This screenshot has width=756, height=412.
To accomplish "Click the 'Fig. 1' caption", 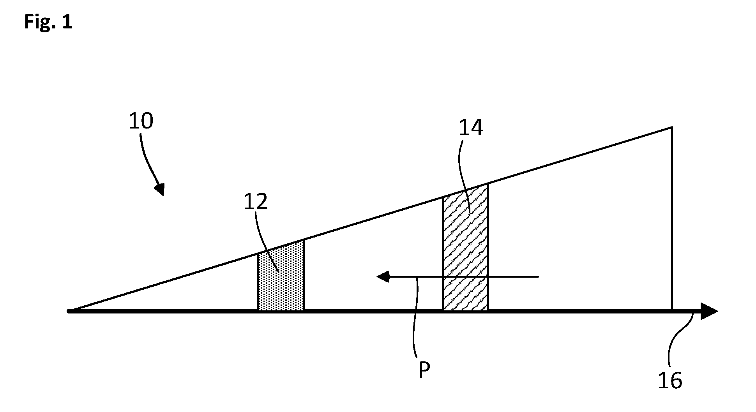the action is (48, 22).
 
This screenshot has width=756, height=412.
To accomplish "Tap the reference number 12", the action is (256, 202).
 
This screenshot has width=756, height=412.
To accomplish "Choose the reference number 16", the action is (670, 380).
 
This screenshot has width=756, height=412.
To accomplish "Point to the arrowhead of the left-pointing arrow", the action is (383, 277).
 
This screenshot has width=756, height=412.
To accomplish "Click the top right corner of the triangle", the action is (672, 127).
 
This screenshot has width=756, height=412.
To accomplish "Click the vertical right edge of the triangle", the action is (672, 219).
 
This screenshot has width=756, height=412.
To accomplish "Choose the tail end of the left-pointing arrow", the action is (539, 277).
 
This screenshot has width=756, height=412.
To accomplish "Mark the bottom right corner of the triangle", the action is (672, 311).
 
